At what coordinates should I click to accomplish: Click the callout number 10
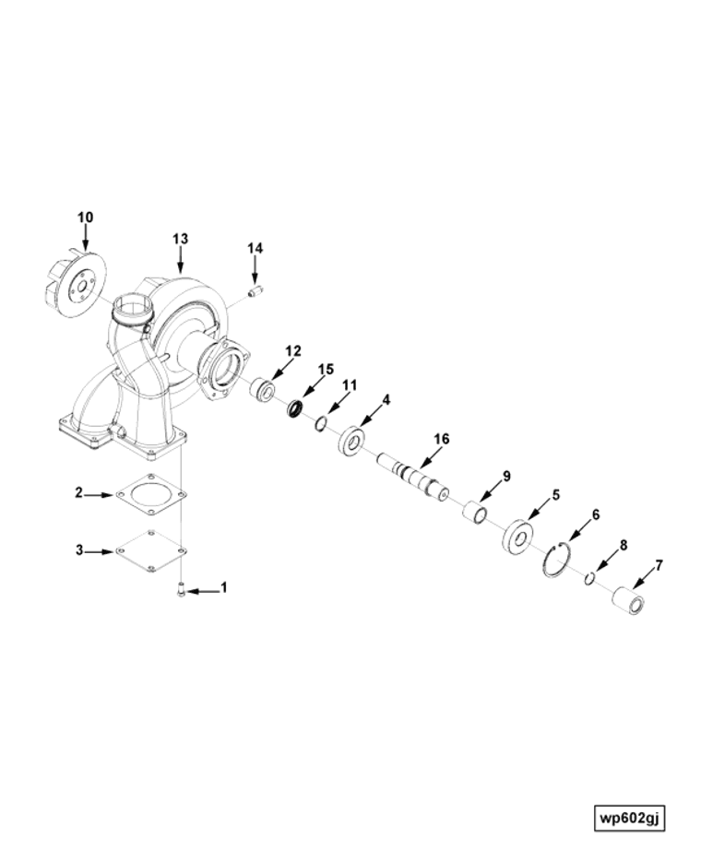[x=85, y=217]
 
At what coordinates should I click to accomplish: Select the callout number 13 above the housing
[x=180, y=239]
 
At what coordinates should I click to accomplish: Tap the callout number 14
[x=255, y=248]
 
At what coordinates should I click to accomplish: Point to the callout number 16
[x=442, y=439]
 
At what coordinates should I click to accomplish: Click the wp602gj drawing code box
[x=631, y=818]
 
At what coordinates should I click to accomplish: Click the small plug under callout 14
[x=255, y=293]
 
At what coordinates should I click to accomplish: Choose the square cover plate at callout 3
[x=150, y=550]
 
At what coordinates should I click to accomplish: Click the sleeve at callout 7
[x=629, y=600]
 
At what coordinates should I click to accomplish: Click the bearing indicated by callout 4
[x=352, y=441]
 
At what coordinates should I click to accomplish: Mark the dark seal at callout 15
[x=297, y=407]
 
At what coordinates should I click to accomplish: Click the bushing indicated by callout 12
[x=261, y=390]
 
